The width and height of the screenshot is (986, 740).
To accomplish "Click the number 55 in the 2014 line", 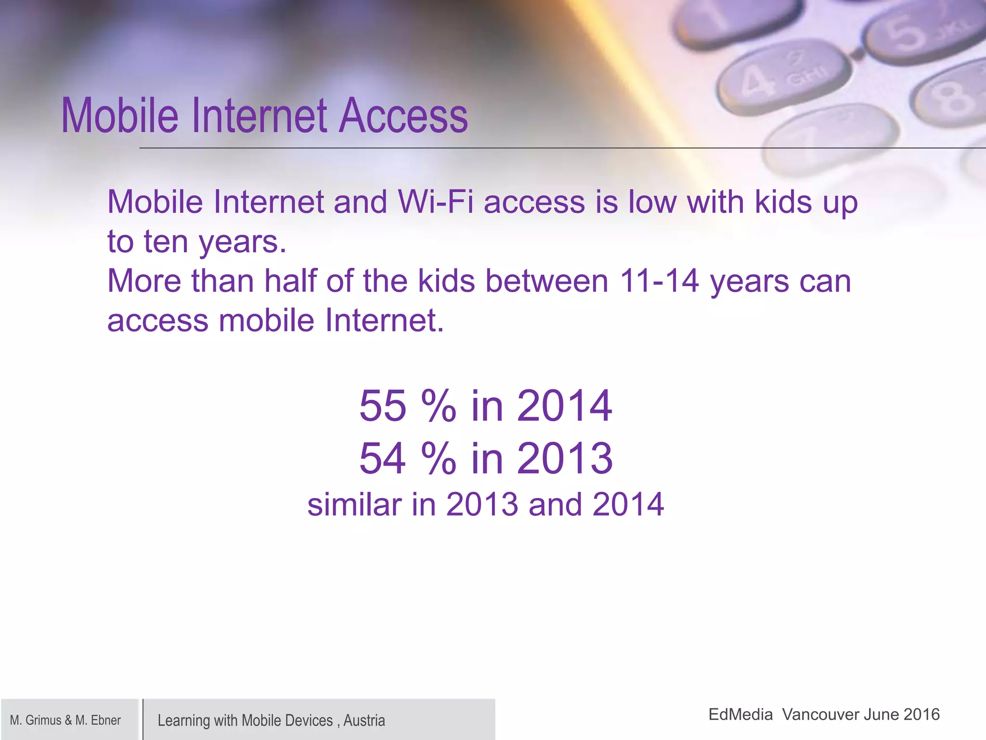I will pos(383,406).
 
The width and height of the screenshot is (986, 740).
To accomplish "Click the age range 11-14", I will pos(659,281).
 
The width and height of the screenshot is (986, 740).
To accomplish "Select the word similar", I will pos(354,505).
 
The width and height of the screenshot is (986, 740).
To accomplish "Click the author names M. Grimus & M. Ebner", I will pos(65,720).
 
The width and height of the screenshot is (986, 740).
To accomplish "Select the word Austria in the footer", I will pos(364,720).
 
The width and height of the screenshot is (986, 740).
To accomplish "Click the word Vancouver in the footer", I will pos(814,714).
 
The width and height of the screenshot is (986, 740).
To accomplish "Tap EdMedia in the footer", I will pos(740,714).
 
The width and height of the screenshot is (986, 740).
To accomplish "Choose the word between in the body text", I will pos(547,281).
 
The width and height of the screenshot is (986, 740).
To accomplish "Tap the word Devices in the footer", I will pos(309,720).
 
